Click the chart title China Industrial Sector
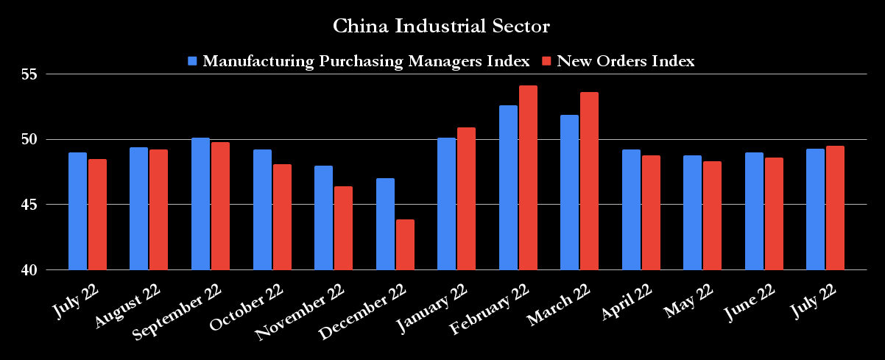point(442,27)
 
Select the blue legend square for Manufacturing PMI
point(193,61)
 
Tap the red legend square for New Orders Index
point(547,61)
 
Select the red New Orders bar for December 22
point(405,244)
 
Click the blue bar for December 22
point(385,224)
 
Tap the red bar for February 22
point(528,177)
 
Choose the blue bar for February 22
point(508,188)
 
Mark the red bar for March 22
point(589,181)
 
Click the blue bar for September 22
point(200,204)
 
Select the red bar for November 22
point(343,228)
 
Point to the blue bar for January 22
point(446,204)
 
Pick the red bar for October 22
point(282,217)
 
